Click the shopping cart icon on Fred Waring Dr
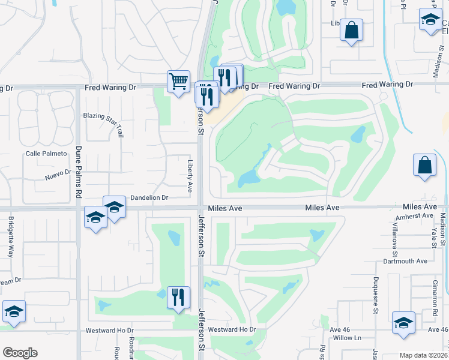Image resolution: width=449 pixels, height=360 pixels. [178, 81]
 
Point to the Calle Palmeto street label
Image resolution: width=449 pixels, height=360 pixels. [46, 154]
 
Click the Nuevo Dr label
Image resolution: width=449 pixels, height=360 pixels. [58, 175]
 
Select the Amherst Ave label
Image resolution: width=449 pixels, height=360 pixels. [418, 215]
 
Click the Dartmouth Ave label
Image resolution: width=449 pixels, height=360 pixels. [405, 262]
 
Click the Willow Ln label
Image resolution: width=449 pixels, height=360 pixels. [347, 338]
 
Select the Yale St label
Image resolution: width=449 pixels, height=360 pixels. [433, 237]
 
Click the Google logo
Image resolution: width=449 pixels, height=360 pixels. [20, 353]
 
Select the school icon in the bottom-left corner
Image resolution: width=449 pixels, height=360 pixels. [14, 312]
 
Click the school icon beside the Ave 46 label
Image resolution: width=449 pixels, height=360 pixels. [403, 323]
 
